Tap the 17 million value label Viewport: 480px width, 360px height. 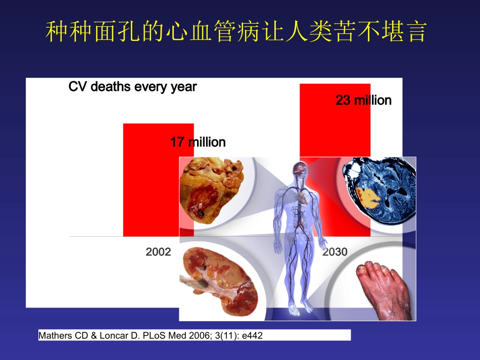click(198, 142)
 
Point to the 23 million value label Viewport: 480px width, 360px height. click(363, 100)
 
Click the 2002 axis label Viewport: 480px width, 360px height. click(159, 251)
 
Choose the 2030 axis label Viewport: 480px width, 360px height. click(335, 251)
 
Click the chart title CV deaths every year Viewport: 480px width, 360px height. click(132, 87)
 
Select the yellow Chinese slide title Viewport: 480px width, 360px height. click(236, 32)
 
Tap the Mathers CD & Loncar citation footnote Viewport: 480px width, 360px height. click(151, 335)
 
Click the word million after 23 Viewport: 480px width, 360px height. click(373, 100)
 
